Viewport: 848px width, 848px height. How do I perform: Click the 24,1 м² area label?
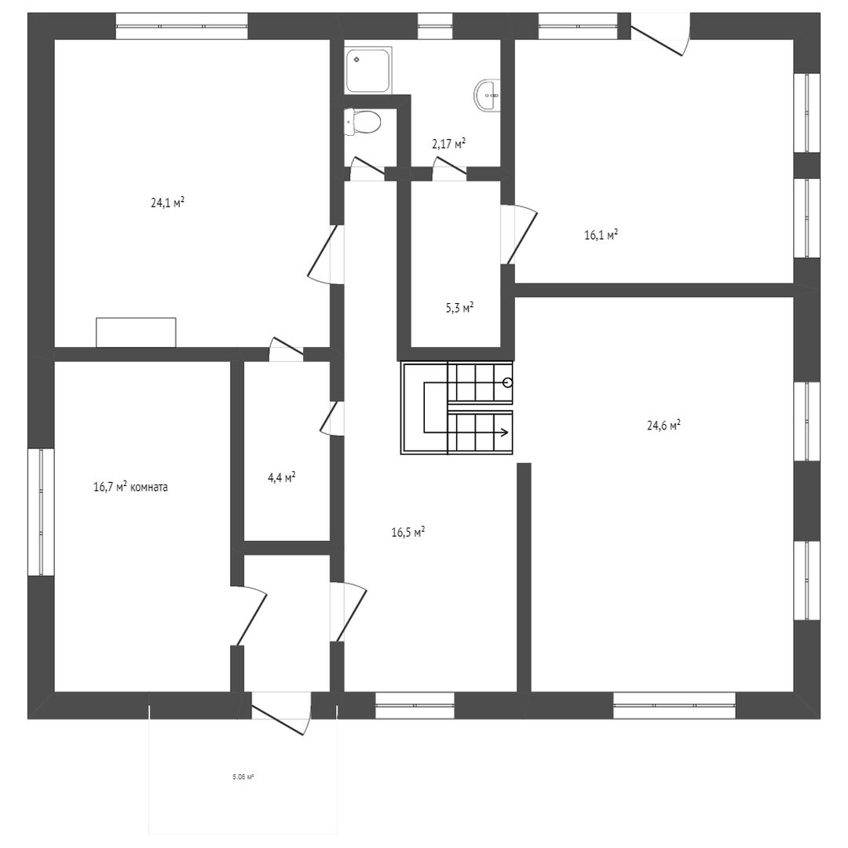click(168, 203)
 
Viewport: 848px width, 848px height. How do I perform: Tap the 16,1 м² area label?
click(601, 235)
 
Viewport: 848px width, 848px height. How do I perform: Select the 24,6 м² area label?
click(663, 425)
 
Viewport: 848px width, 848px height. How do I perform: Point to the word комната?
click(149, 487)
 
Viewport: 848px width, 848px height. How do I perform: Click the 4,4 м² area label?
click(281, 477)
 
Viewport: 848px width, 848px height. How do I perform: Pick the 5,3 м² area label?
click(459, 308)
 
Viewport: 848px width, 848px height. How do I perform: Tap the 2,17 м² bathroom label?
click(449, 144)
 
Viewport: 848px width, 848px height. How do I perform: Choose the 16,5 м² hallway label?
click(408, 532)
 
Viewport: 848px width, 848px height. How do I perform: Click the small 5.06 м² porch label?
click(243, 777)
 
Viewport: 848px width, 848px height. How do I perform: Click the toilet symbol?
click(362, 122)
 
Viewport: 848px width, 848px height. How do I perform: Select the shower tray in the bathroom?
click(368, 71)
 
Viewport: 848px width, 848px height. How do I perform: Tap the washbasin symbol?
click(488, 96)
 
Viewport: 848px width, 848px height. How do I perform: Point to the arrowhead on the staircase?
click(505, 432)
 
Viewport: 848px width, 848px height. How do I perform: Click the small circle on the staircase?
click(506, 383)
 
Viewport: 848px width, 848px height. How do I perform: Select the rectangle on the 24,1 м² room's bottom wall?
click(136, 332)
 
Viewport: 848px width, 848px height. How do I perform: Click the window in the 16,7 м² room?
click(41, 512)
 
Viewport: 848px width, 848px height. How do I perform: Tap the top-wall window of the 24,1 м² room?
click(181, 26)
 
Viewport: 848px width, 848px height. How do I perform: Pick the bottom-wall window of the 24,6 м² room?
click(674, 705)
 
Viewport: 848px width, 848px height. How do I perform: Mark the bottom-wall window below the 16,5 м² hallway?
click(415, 705)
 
